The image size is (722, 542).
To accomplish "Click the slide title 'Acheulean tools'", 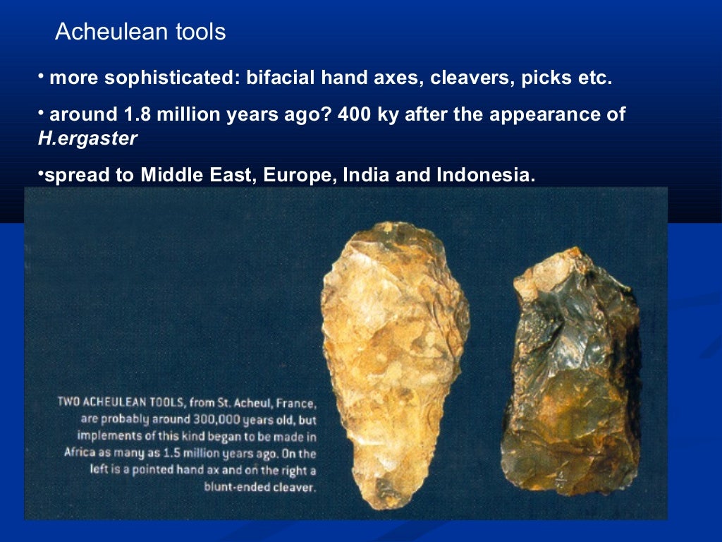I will [140, 32].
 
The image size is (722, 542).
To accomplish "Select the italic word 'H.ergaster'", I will [87, 139].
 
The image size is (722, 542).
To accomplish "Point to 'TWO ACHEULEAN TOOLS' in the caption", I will [113, 404].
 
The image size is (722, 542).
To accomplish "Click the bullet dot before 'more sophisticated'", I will [42, 75].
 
